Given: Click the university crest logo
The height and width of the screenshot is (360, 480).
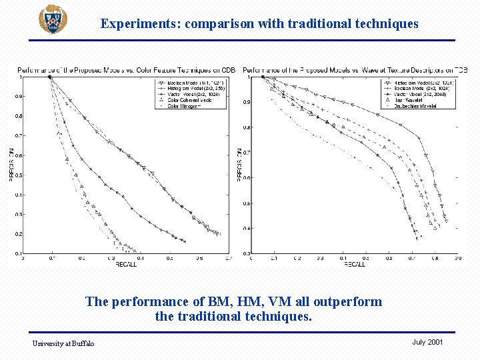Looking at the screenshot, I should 52,20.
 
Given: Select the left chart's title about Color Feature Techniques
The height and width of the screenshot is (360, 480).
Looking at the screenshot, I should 126,70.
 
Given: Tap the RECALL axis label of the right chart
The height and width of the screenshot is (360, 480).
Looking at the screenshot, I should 354,265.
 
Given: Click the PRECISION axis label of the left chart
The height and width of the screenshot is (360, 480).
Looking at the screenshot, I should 11,165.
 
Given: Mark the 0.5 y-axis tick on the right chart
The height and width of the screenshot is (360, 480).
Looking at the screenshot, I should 246,203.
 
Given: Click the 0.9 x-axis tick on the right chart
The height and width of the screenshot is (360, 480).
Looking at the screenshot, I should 457,258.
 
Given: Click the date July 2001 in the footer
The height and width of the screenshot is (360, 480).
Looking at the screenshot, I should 427,342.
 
